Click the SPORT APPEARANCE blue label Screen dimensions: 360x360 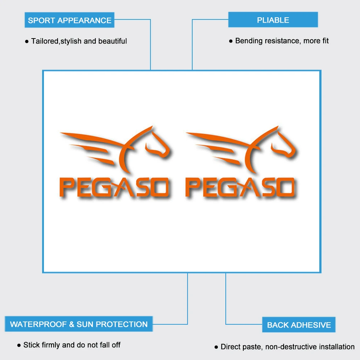(69, 20)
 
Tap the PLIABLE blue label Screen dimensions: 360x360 (273, 20)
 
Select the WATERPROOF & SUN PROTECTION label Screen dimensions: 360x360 (78, 324)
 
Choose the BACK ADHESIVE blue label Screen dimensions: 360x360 (299, 325)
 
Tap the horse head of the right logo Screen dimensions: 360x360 (282, 144)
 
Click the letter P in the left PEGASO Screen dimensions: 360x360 (67, 188)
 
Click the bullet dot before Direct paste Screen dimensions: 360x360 (216, 347)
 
